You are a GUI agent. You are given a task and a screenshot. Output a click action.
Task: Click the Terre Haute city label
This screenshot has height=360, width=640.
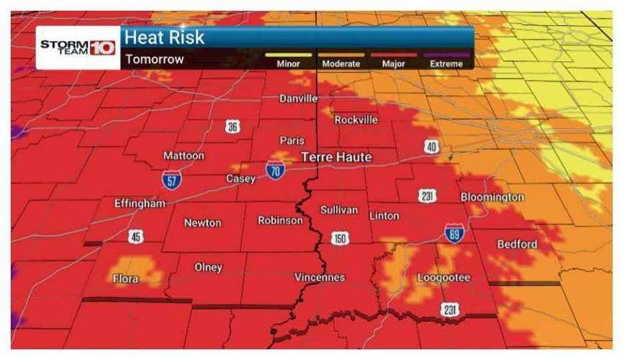(x=336, y=157)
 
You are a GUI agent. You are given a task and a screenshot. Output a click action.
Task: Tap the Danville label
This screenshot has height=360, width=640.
(x=298, y=99)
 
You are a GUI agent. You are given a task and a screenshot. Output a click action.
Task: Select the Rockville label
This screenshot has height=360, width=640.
(x=356, y=120)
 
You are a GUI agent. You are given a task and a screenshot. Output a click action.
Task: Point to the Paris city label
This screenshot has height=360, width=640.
(x=292, y=140)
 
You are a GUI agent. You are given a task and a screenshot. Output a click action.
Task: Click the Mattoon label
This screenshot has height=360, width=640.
(x=184, y=156)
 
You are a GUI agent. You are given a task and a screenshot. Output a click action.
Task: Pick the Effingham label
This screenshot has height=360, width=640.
(x=140, y=203)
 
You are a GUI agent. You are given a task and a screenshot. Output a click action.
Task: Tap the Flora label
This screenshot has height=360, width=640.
(x=126, y=278)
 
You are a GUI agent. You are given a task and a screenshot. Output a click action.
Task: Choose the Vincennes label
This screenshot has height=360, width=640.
(x=320, y=277)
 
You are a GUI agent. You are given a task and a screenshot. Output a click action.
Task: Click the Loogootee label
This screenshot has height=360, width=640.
(x=443, y=277)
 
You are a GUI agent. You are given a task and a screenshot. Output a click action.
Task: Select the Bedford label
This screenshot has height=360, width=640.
(x=517, y=244)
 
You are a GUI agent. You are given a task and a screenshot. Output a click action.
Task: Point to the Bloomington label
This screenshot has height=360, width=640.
(x=492, y=197)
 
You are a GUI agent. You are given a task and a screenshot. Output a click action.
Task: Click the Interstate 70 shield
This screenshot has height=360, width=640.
(x=275, y=170)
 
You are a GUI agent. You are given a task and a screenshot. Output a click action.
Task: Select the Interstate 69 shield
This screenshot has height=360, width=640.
(x=454, y=232)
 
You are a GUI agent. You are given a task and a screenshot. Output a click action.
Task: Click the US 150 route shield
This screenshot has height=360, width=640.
(x=340, y=238)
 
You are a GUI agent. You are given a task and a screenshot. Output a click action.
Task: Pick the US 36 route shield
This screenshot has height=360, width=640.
(x=232, y=127)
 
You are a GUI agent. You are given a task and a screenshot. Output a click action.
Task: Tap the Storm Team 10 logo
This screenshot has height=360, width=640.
(x=78, y=48)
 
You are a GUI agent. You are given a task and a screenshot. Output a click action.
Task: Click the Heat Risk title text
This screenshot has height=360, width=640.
(x=164, y=37)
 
